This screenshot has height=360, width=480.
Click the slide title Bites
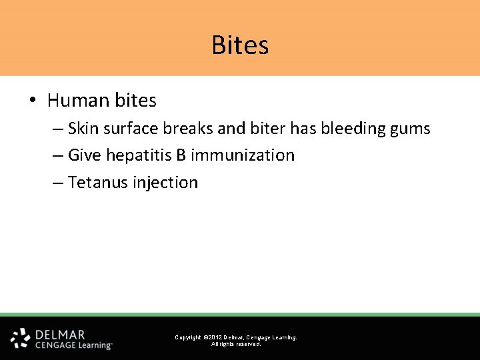click(240, 45)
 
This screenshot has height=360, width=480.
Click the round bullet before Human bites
click(32, 101)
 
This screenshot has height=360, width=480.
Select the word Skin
click(83, 128)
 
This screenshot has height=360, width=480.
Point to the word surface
click(129, 128)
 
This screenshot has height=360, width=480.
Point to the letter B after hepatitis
click(181, 155)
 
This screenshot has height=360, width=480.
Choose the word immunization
click(243, 155)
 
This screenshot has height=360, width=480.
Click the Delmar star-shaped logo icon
click(20, 338)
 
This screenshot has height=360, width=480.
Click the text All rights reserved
click(236, 344)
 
